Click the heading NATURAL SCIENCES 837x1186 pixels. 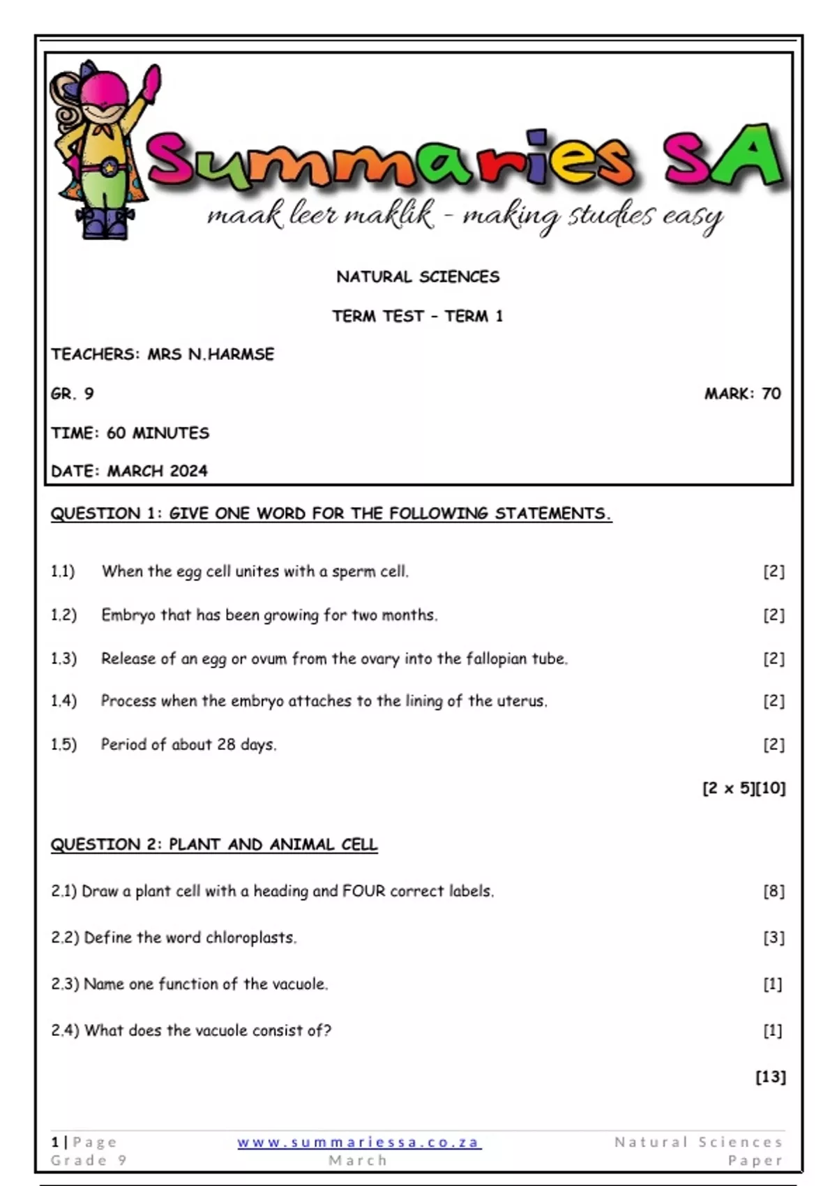click(x=418, y=277)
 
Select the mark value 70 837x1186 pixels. click(x=771, y=393)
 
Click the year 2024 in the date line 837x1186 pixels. click(x=188, y=471)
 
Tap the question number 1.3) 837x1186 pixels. click(x=63, y=659)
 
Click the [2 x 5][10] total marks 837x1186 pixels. click(x=744, y=788)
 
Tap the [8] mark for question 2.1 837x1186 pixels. click(x=773, y=891)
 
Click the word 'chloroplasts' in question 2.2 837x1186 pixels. click(x=250, y=938)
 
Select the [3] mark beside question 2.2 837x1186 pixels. click(x=773, y=938)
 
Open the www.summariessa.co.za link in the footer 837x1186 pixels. click(x=359, y=1142)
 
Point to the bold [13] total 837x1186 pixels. click(x=770, y=1076)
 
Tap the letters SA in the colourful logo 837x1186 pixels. click(x=722, y=159)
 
